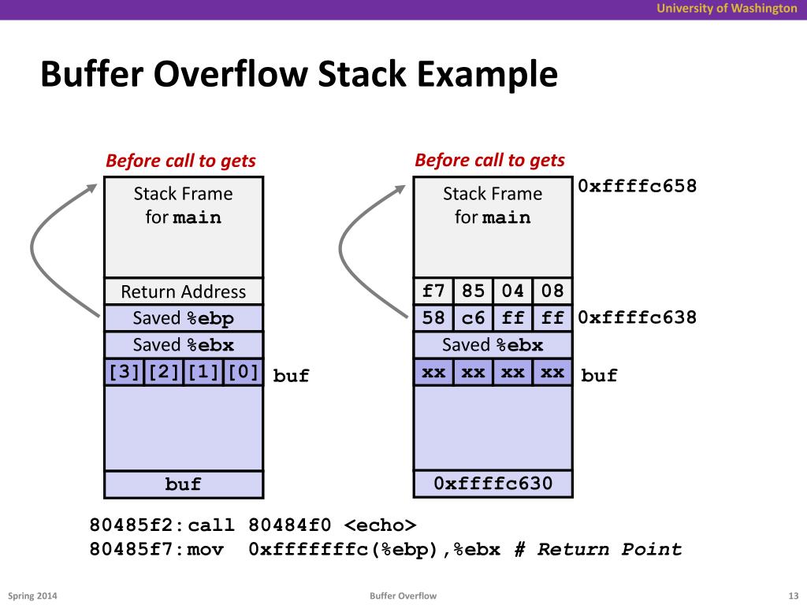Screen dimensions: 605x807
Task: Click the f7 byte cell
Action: tap(433, 291)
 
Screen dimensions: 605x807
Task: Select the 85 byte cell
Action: tap(473, 291)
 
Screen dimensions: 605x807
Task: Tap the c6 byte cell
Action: tap(473, 318)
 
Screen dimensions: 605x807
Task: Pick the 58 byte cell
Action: tap(433, 318)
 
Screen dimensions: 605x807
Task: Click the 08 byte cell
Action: tap(552, 291)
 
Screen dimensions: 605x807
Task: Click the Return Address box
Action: tap(184, 291)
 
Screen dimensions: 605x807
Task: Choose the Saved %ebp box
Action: tap(184, 318)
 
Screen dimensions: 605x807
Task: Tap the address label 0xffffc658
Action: tap(637, 187)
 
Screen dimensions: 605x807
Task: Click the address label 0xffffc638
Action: tap(637, 317)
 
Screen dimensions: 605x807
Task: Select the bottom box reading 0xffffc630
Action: tap(493, 484)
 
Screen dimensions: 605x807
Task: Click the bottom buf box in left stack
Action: tap(184, 484)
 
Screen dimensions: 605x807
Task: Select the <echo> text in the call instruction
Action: tap(380, 525)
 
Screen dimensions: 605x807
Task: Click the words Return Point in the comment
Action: tap(609, 550)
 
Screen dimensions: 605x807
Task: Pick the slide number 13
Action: tap(793, 596)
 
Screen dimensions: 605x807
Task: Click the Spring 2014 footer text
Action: tap(32, 596)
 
